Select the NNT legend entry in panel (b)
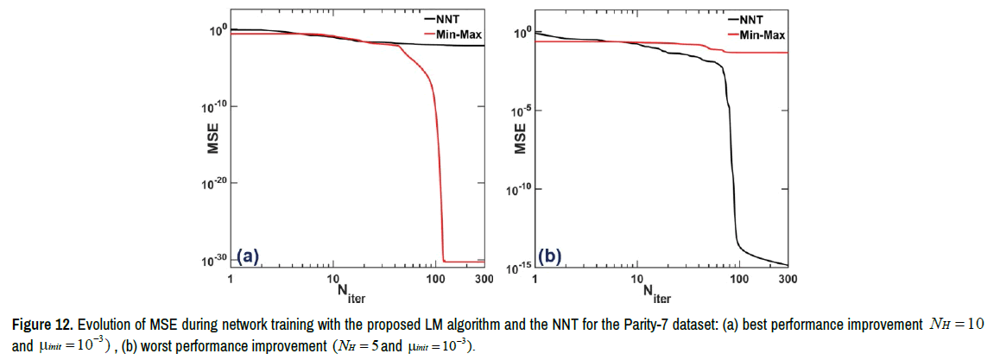[x=753, y=17]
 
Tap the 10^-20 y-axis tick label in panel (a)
[x=215, y=182]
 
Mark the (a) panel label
[x=247, y=256]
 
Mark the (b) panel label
[x=551, y=256]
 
